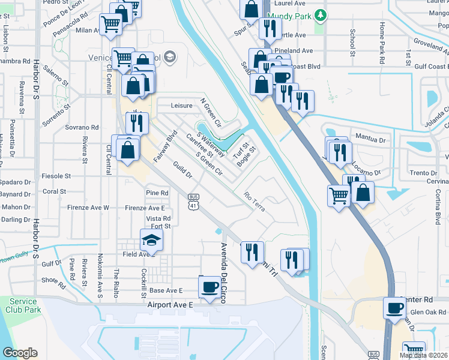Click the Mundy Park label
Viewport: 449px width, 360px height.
(x=289, y=14)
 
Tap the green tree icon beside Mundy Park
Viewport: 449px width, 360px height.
(x=321, y=14)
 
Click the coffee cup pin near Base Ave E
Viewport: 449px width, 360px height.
(x=209, y=287)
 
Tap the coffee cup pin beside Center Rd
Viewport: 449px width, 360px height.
(x=394, y=308)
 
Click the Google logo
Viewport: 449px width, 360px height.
(x=20, y=353)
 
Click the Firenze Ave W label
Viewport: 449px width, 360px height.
(x=89, y=208)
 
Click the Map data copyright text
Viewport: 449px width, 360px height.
(x=423, y=355)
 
